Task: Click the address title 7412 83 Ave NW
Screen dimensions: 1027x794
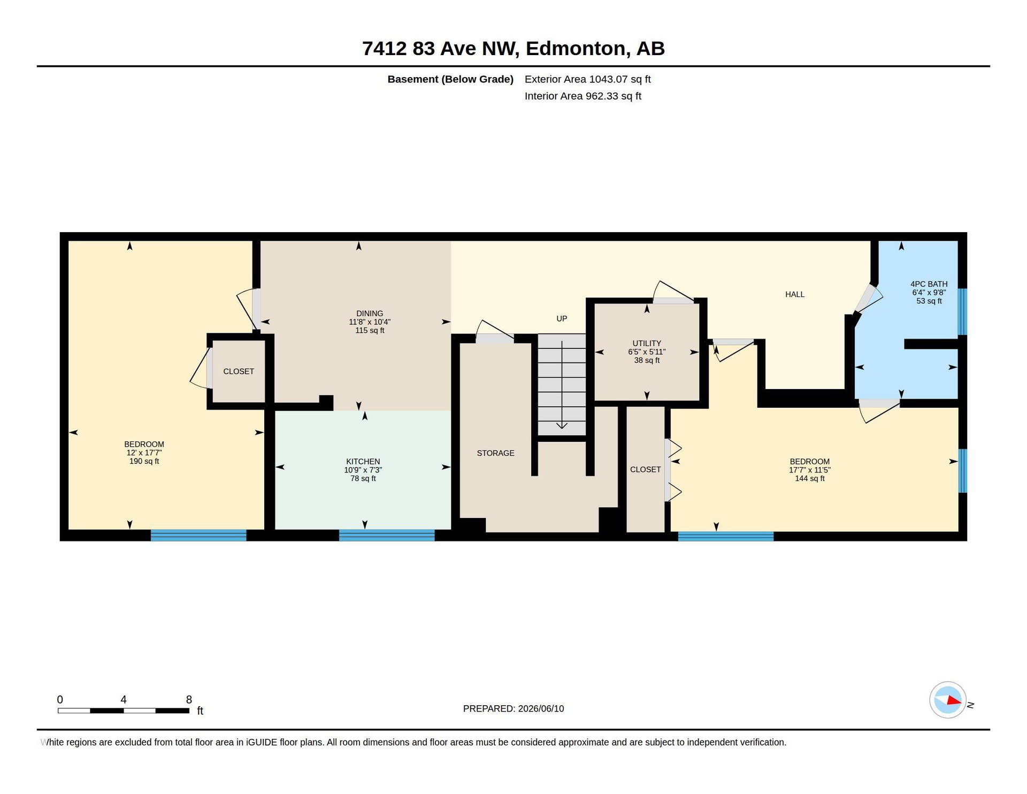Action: coord(440,49)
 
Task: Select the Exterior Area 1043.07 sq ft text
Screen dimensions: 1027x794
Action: coord(587,79)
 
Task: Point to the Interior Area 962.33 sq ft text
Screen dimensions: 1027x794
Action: coord(583,96)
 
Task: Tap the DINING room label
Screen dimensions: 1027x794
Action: coord(370,314)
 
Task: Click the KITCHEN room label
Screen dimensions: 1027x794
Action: coord(363,462)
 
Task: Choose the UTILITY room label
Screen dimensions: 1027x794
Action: coord(647,343)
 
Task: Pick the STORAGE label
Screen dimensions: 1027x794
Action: coord(495,453)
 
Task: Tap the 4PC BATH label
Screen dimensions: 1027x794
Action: coord(929,284)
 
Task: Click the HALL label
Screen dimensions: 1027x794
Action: coord(795,294)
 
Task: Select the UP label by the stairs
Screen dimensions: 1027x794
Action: coord(562,319)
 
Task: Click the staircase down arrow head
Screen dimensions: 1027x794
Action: coord(562,426)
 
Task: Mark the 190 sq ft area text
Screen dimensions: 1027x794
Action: coord(144,462)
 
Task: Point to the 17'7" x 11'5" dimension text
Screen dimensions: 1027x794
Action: coord(809,470)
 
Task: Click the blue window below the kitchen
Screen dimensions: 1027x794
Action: coord(387,535)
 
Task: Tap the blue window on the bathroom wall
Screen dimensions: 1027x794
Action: coord(962,312)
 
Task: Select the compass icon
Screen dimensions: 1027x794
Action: coord(947,700)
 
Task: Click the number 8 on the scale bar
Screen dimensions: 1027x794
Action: coord(189,700)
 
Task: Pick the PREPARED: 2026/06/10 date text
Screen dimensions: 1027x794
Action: coord(513,709)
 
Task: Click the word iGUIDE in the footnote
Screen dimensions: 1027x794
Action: coord(262,743)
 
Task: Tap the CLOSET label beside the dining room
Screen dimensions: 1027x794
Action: coord(239,371)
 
